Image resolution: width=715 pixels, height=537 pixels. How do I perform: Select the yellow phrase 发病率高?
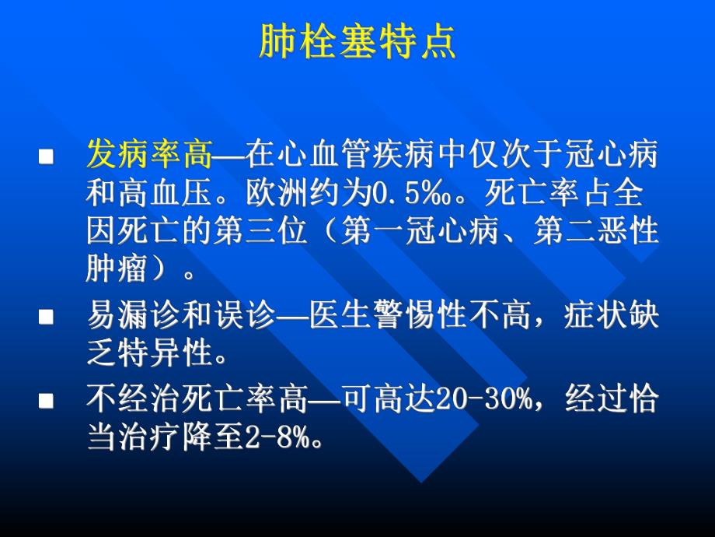[149, 155]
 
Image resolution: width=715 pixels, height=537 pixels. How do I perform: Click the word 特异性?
[166, 355]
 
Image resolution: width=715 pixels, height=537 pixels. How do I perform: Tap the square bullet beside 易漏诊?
[46, 318]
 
